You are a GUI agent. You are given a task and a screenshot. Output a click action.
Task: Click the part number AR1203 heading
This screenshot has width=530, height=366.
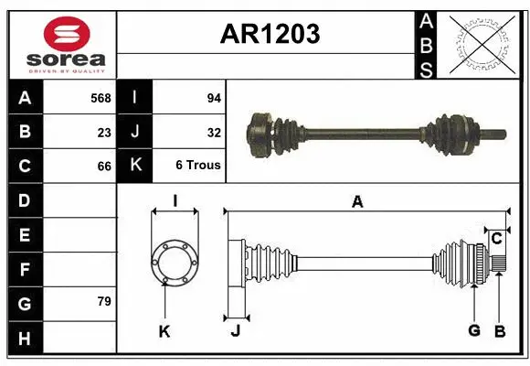[x=270, y=35]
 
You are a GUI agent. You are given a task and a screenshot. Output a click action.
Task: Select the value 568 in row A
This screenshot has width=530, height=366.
[x=101, y=98]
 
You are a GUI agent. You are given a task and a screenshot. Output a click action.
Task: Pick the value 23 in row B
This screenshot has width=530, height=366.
[x=104, y=132]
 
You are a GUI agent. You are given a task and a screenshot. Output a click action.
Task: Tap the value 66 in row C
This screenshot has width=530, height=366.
[x=104, y=166]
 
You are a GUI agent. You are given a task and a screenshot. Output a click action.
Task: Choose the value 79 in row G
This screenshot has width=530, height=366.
[x=104, y=301]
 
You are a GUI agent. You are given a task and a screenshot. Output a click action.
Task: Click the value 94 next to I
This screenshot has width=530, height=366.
[x=214, y=98]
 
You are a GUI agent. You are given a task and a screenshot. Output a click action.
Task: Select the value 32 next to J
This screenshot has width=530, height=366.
[x=214, y=132]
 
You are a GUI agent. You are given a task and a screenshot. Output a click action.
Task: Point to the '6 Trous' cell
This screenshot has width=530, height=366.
[x=198, y=166]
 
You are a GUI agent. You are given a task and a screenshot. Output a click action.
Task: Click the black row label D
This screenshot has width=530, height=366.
[x=24, y=199]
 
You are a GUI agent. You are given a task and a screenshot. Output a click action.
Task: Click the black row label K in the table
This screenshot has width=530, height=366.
[x=135, y=166]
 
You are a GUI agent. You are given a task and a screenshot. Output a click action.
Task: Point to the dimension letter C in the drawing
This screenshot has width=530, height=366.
[x=496, y=239]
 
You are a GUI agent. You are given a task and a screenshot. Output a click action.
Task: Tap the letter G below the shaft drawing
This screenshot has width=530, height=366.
[x=474, y=330]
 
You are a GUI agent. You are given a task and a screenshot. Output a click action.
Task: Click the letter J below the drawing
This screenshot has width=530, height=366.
[x=235, y=330]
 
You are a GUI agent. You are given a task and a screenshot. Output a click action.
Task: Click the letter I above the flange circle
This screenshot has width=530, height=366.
[x=174, y=201]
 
